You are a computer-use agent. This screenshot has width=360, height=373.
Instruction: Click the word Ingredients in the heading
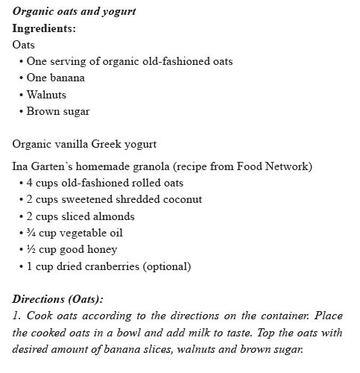(44, 28)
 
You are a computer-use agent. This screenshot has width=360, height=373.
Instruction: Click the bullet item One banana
(55, 78)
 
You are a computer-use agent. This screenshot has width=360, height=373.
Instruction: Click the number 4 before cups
(29, 183)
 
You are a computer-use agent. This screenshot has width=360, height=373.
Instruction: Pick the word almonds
(114, 216)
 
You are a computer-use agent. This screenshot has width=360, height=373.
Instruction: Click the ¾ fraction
(30, 233)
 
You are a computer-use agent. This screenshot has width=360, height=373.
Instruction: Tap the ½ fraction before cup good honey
(30, 249)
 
